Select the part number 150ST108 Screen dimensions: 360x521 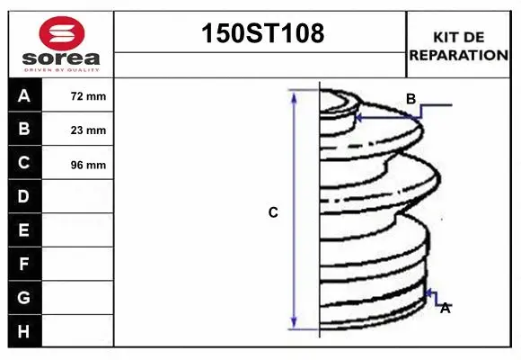pyautogui.click(x=260, y=34)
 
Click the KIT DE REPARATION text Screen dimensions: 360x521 pyautogui.click(x=458, y=46)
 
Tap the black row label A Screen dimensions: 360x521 pyautogui.click(x=24, y=95)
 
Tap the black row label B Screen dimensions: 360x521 pyautogui.click(x=24, y=130)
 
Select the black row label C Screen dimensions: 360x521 pyautogui.click(x=24, y=163)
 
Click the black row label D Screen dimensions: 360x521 pyautogui.click(x=24, y=196)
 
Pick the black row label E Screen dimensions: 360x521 pyautogui.click(x=24, y=230)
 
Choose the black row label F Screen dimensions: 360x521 pyautogui.click(x=24, y=265)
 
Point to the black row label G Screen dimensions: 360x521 pyautogui.click(x=24, y=297)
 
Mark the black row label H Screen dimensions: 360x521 pyautogui.click(x=24, y=331)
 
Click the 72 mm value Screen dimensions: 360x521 pyautogui.click(x=88, y=96)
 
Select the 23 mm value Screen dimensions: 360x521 pyautogui.click(x=88, y=130)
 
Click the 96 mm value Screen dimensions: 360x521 pyautogui.click(x=88, y=165)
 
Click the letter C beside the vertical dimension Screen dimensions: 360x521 pyautogui.click(x=273, y=213)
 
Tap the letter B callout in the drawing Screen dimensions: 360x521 pyautogui.click(x=411, y=99)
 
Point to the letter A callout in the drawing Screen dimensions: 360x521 pyautogui.click(x=445, y=308)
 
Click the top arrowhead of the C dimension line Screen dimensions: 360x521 pyautogui.click(x=295, y=94)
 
